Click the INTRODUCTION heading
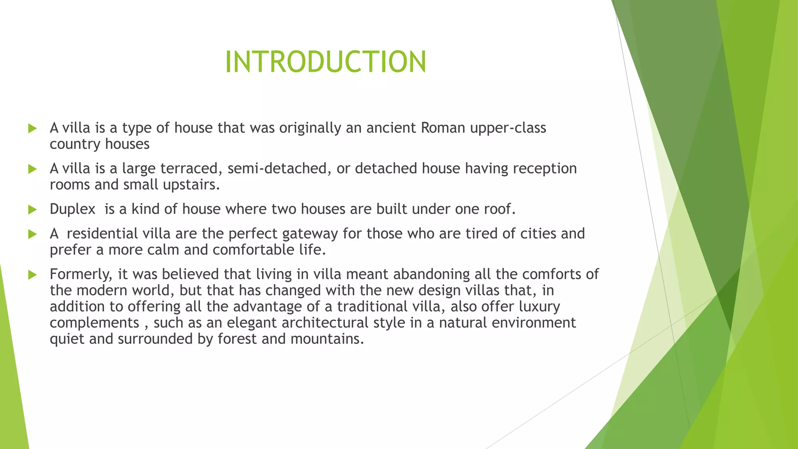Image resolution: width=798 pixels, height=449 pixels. (x=326, y=62)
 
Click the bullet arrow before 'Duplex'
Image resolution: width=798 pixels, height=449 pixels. (x=32, y=210)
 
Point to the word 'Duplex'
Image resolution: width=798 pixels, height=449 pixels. (x=72, y=209)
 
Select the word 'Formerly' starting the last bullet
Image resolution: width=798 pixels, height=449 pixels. (x=81, y=274)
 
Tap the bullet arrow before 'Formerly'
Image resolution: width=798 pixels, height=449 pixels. (x=32, y=275)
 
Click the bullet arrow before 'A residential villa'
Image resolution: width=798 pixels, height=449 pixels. (x=32, y=234)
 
